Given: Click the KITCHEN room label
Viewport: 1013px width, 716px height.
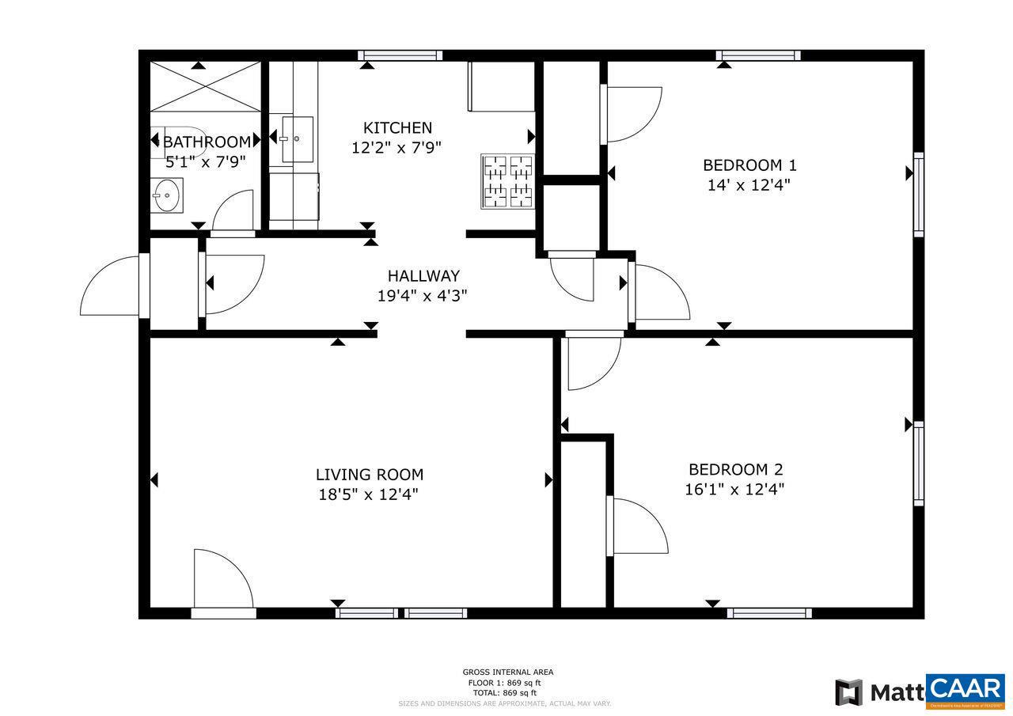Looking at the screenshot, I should pyautogui.click(x=397, y=127).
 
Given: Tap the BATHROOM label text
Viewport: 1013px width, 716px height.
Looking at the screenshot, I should pyautogui.click(x=207, y=142).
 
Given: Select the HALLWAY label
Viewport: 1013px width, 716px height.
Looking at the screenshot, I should pyautogui.click(x=423, y=276).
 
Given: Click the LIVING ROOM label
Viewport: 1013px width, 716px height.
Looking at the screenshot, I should pyautogui.click(x=370, y=475).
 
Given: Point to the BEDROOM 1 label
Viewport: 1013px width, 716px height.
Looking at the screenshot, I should pyautogui.click(x=749, y=165).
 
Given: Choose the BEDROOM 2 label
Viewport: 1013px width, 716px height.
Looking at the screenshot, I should pyautogui.click(x=735, y=469).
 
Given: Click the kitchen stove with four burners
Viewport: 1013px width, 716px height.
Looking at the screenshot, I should pyautogui.click(x=507, y=181).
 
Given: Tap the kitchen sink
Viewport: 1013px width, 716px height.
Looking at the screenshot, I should pyautogui.click(x=297, y=139).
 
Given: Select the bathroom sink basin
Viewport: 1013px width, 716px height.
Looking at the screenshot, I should pyautogui.click(x=167, y=195).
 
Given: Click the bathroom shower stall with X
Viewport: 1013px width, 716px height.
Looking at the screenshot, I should pyautogui.click(x=205, y=85).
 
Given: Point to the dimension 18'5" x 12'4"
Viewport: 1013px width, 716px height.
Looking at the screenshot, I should pyautogui.click(x=368, y=494).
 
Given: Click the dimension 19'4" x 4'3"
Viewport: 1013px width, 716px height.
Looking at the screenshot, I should pyautogui.click(x=423, y=296).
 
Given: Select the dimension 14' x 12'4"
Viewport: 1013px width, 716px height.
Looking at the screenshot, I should pyautogui.click(x=749, y=185).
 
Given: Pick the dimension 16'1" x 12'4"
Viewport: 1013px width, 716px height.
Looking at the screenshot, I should pyautogui.click(x=734, y=489).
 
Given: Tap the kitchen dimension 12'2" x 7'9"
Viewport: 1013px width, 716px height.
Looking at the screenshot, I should pyautogui.click(x=396, y=147).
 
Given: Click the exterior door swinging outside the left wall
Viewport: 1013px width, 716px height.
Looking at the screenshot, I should pyautogui.click(x=111, y=286).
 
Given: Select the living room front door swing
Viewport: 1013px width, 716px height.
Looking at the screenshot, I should pyautogui.click(x=222, y=579).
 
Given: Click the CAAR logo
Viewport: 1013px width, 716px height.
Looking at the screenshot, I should pyautogui.click(x=965, y=691).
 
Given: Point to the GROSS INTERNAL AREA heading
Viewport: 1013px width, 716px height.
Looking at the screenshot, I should pyautogui.click(x=508, y=672).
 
